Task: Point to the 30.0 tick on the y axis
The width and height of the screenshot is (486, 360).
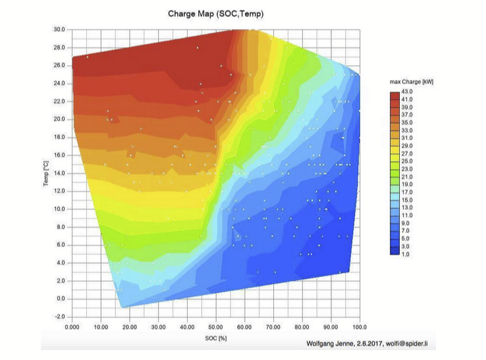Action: [59, 30]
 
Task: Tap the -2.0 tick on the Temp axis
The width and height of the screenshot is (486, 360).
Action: [59, 317]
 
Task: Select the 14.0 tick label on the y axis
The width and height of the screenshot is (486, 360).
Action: [59, 173]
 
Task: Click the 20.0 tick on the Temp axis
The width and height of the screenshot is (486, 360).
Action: [59, 119]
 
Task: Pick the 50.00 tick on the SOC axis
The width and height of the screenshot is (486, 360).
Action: [215, 326]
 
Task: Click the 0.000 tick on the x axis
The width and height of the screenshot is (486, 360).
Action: [72, 326]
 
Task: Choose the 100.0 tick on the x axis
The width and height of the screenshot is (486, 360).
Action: [360, 326]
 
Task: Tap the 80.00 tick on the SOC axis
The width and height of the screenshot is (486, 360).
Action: [302, 326]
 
